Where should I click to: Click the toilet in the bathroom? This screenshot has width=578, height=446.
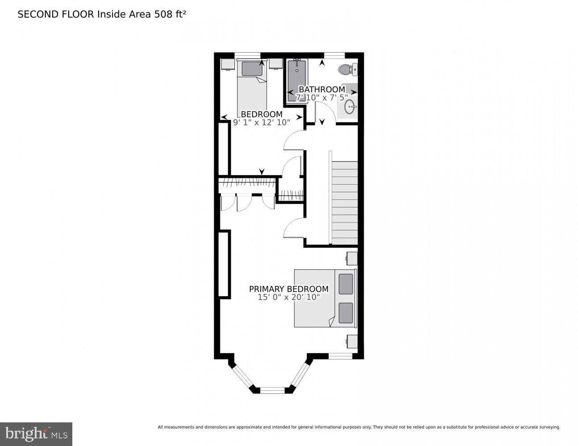[348, 70]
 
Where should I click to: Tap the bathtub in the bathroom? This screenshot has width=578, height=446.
[297, 80]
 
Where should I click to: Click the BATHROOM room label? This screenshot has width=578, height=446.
[322, 89]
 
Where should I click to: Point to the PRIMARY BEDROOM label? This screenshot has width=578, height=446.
[289, 289]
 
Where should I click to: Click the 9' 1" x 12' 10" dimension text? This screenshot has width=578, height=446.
[262, 122]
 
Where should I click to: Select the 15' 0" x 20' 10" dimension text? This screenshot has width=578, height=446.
[289, 297]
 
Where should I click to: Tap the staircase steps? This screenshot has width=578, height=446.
[345, 202]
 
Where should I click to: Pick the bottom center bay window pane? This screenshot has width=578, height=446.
[272, 390]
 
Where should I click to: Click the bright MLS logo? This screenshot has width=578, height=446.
[36, 434]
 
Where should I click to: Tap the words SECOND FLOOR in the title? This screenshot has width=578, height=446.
[56, 14]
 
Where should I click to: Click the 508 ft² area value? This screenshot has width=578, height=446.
[170, 14]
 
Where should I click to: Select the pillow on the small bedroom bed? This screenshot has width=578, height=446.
[252, 69]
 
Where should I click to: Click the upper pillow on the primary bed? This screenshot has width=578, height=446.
[346, 284]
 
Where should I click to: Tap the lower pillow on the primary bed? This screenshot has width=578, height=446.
[346, 313]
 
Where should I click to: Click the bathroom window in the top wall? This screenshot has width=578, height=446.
[334, 55]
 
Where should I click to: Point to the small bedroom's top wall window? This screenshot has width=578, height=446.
[247, 55]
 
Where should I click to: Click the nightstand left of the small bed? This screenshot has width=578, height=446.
[228, 64]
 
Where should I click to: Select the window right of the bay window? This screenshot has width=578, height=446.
[341, 356]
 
